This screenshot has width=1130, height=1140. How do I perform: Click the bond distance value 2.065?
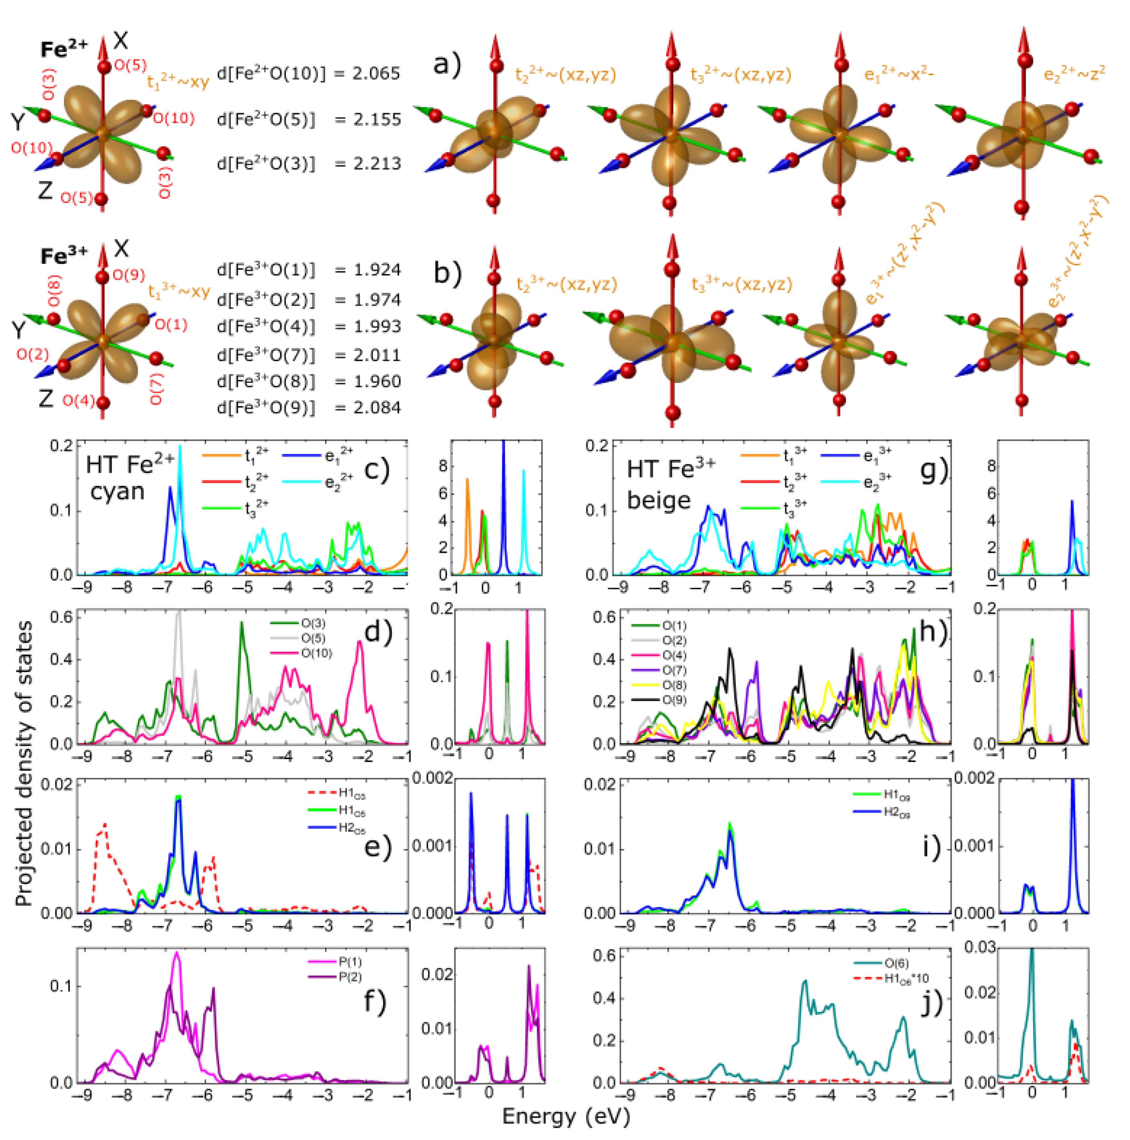point(376,74)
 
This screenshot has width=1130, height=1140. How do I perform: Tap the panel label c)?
point(376,470)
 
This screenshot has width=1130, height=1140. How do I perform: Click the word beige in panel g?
point(658,501)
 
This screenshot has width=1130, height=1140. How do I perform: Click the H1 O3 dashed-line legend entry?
point(352,795)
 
